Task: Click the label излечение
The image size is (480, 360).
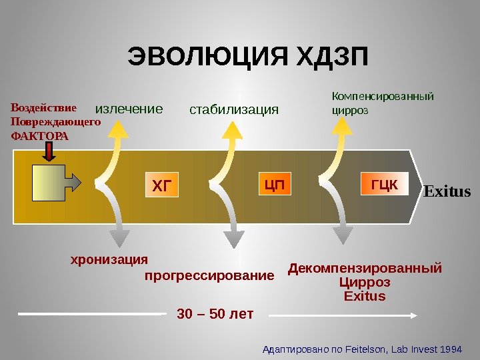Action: click(x=129, y=109)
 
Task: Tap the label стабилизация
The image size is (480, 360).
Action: click(x=233, y=109)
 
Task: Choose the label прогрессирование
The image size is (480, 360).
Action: click(x=209, y=275)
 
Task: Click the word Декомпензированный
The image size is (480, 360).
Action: click(x=365, y=269)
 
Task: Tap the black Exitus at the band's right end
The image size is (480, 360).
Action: click(x=447, y=193)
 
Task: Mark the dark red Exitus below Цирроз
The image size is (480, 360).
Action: click(x=365, y=295)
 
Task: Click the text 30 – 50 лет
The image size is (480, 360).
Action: click(x=215, y=313)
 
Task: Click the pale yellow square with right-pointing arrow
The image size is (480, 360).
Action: click(x=49, y=182)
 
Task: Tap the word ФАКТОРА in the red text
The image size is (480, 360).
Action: click(x=40, y=135)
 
